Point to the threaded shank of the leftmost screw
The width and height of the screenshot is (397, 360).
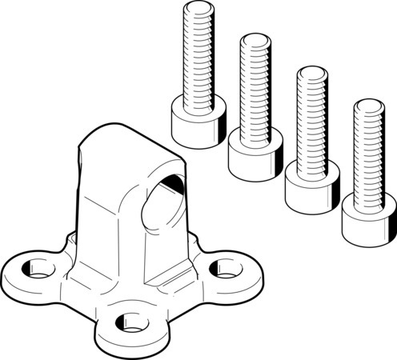click(196, 60)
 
